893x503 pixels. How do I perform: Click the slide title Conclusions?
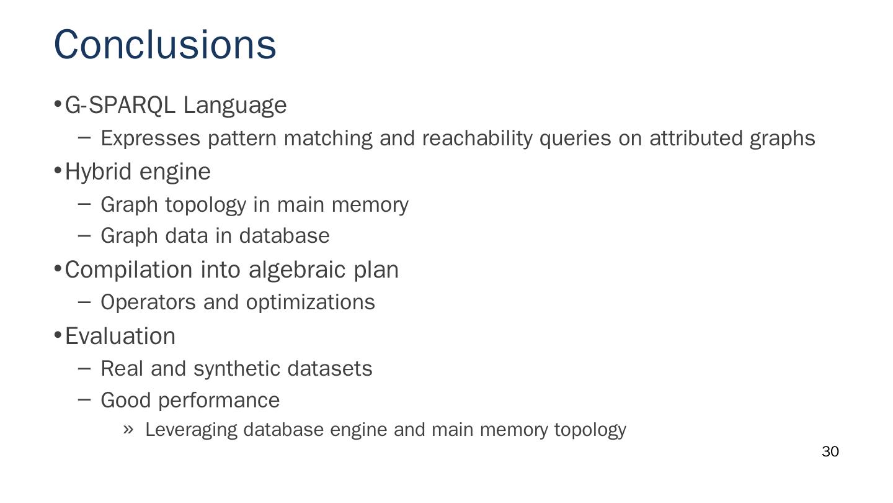pos(165,45)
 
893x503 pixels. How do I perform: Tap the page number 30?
pos(830,452)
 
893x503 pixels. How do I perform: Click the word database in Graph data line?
pos(284,236)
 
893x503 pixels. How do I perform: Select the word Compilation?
pos(129,270)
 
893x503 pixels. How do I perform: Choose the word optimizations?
pos(310,302)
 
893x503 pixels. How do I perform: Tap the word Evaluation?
pos(120,336)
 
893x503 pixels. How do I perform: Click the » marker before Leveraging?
pos(128,430)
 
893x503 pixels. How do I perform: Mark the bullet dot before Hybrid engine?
pos(58,170)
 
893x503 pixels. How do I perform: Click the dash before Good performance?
pos(85,399)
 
